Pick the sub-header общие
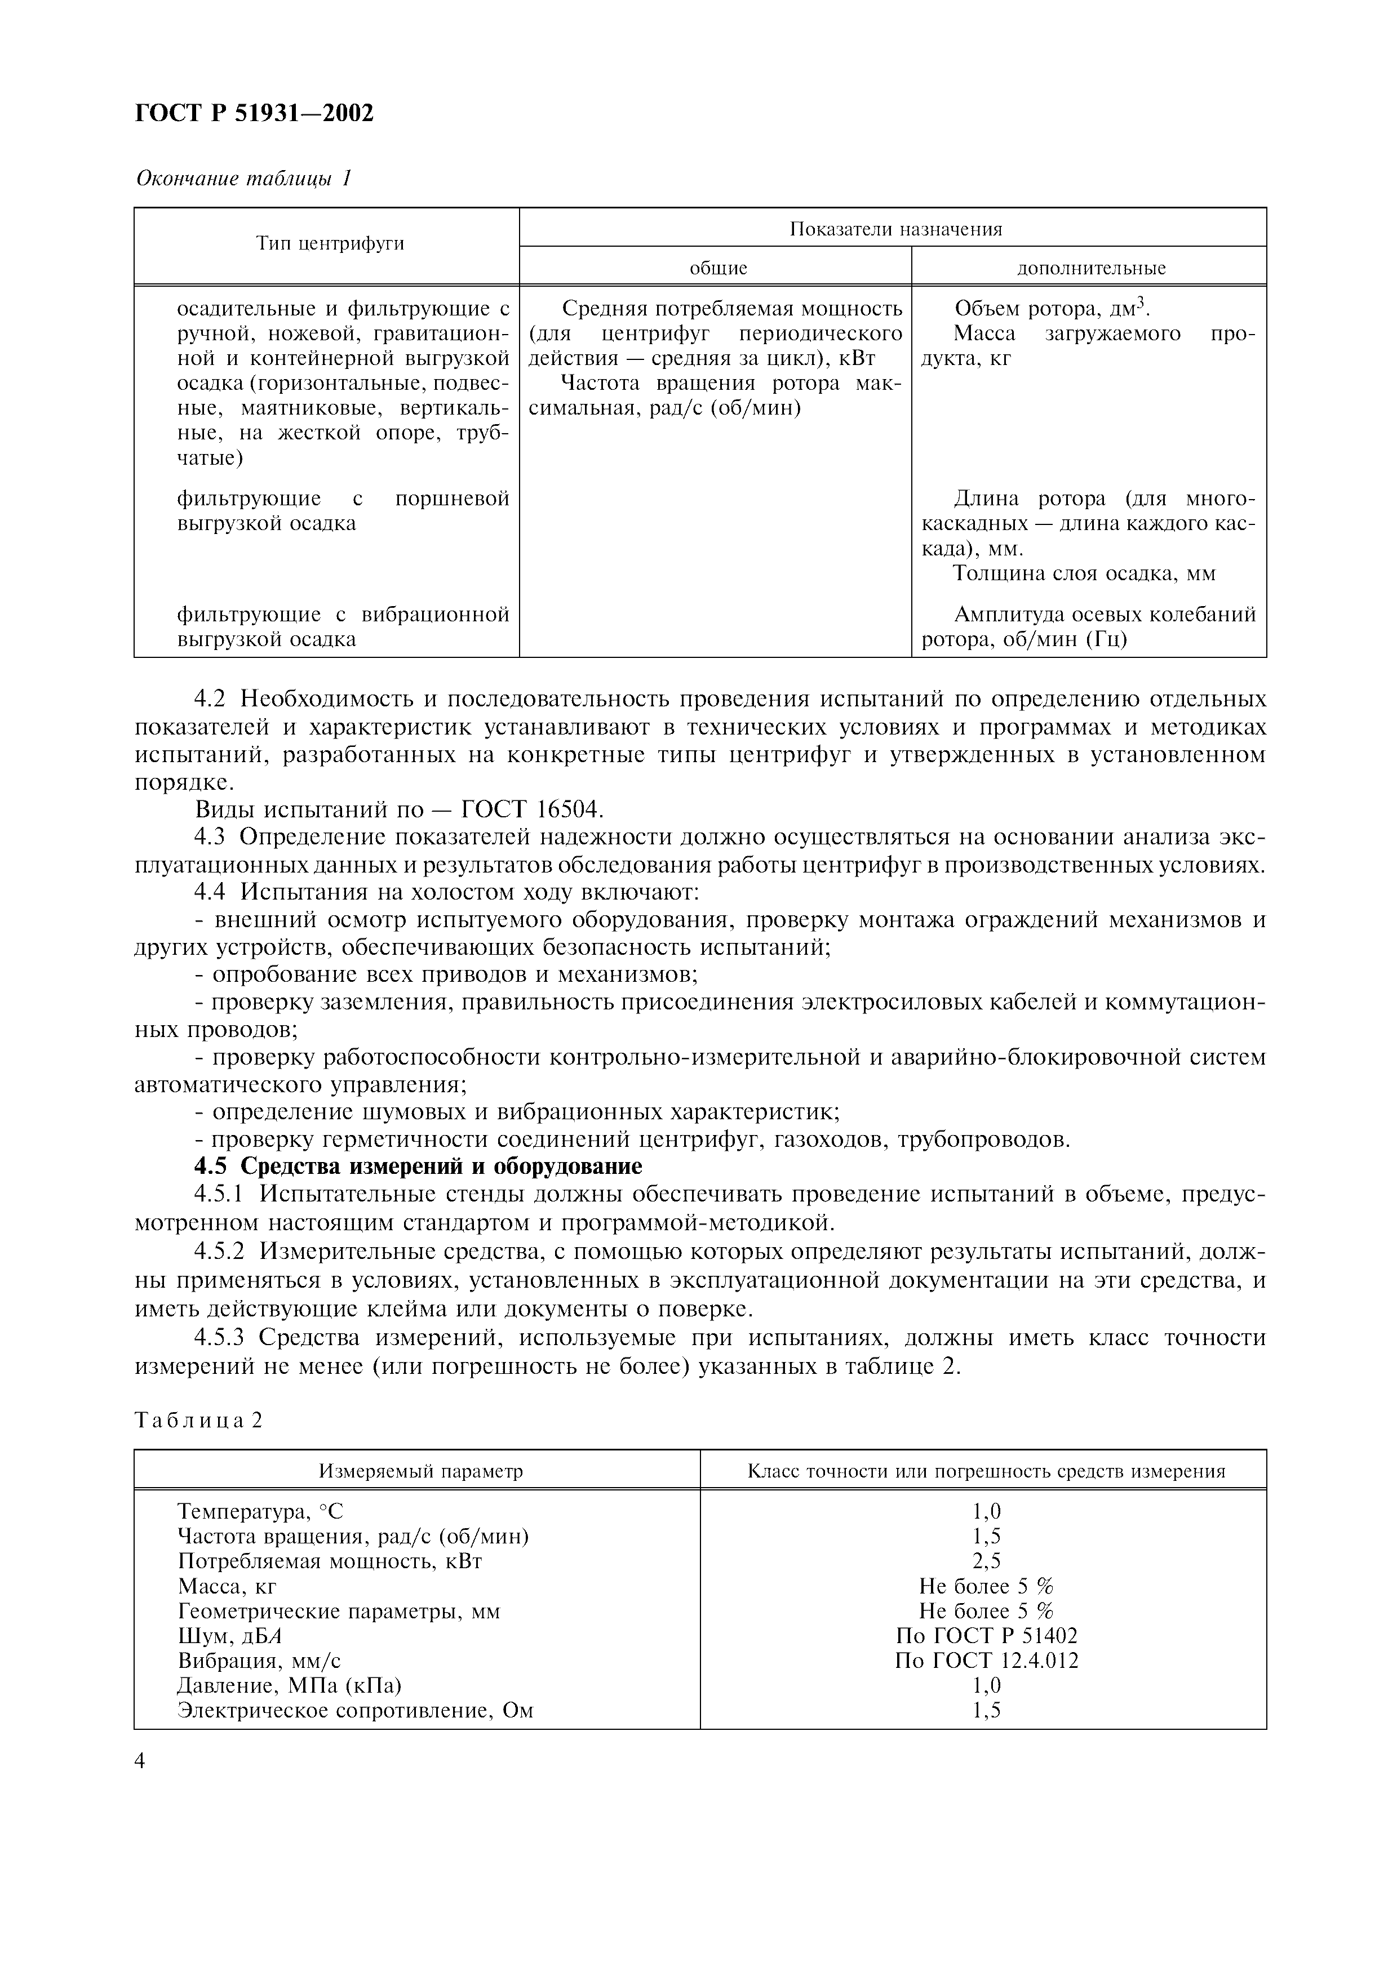718,268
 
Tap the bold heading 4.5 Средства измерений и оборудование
418,1166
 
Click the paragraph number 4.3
210,838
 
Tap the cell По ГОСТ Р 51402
986,1635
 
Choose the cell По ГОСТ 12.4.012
986,1660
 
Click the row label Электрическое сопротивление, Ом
354,1710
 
